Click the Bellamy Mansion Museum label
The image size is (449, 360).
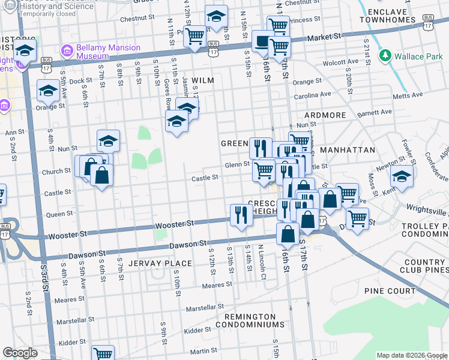(x=108, y=52)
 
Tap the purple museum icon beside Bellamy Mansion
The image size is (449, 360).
(x=65, y=48)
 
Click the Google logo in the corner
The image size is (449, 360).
(x=20, y=353)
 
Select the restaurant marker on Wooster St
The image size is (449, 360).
(x=241, y=214)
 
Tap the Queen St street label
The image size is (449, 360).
(x=59, y=214)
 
